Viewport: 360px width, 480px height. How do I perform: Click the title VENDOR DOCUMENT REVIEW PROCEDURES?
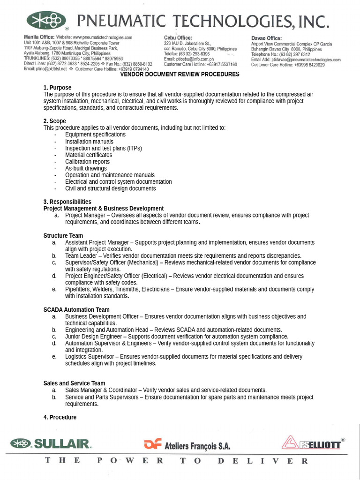[x=180, y=75]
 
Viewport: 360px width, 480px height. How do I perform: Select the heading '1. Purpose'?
[x=57, y=88]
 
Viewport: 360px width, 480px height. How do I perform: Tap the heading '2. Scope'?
[x=55, y=121]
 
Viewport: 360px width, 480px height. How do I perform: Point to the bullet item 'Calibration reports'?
[x=87, y=162]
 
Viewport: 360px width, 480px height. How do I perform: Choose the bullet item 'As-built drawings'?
[x=86, y=168]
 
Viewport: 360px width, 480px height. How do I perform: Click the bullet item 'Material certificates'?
[x=89, y=155]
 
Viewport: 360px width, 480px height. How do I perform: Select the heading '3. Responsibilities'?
[x=67, y=202]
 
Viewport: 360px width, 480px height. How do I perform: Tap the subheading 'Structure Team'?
[x=63, y=236]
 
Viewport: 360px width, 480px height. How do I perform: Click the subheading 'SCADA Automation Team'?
[x=76, y=309]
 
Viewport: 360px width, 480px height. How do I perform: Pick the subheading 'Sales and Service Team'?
[x=74, y=383]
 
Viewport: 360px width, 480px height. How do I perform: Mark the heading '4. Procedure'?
[x=60, y=417]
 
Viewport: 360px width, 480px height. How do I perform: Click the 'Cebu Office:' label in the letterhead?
[x=178, y=38]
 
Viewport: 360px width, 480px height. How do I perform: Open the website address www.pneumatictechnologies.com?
[x=102, y=37]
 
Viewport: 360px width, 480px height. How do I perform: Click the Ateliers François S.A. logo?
[x=187, y=444]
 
